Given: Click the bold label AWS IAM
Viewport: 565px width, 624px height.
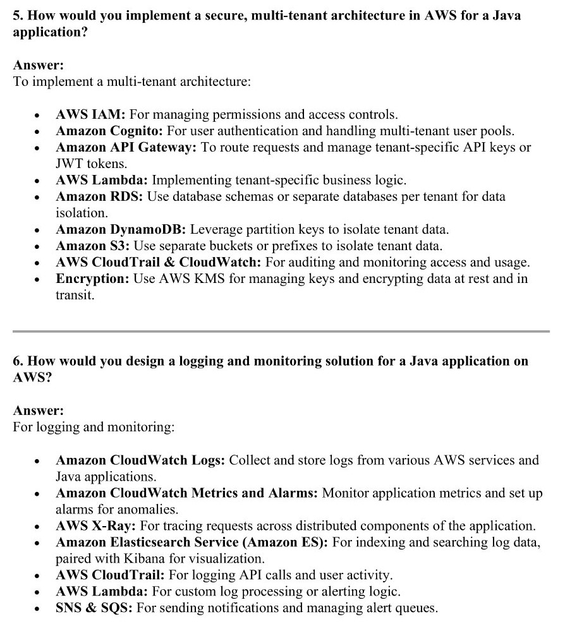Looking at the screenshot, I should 91,115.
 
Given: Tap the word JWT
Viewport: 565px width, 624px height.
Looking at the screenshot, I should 70,164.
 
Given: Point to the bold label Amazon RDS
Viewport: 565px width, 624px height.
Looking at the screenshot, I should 100,197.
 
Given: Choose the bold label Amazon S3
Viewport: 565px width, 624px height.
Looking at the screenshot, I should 93,246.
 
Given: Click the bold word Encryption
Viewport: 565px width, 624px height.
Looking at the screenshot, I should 92,279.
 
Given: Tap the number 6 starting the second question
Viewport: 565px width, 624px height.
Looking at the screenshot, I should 17,361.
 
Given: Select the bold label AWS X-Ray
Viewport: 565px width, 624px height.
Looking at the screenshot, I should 95,526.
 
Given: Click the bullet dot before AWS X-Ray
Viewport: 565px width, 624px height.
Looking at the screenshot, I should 39,526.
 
